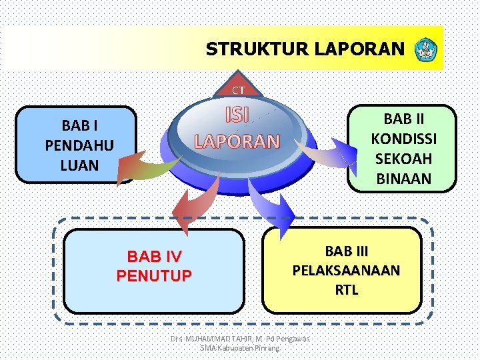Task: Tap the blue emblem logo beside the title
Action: coord(424,49)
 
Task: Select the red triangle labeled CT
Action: coord(238,87)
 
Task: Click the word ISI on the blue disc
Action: coord(237,115)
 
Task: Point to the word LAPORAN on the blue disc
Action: coord(237,141)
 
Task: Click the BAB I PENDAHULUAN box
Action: coord(79,145)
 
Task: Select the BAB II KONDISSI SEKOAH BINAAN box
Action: coord(403,149)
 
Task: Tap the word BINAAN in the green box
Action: coord(403,179)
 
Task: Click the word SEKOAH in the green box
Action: coord(403,159)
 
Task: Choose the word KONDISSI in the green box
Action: coord(403,139)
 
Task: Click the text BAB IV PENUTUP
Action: coord(154,265)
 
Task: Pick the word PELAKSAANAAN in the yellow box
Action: coord(346,270)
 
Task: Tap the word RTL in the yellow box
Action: coord(346,289)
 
